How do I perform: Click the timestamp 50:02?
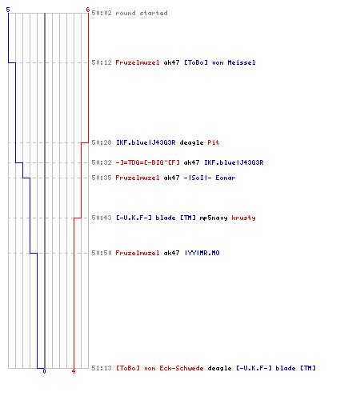point(102,13)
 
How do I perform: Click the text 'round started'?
point(142,13)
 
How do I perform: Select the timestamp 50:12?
point(102,62)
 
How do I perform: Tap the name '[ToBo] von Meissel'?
point(220,62)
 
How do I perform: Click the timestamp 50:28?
point(102,142)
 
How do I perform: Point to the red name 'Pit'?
point(214,142)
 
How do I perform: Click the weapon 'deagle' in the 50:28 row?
point(191,142)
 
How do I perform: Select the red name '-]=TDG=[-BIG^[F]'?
point(147,162)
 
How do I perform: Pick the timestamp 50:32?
point(102,162)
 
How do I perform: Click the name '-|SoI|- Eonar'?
point(210,178)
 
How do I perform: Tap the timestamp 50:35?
point(102,178)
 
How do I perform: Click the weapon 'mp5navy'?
point(214,218)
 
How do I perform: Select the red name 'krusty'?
point(243,218)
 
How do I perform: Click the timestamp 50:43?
point(102,218)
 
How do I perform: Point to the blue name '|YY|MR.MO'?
point(202,253)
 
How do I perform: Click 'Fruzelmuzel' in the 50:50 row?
point(138,253)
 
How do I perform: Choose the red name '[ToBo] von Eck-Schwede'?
point(159,368)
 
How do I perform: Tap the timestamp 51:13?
point(102,368)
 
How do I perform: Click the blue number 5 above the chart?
point(8,10)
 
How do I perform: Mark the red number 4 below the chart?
point(74,371)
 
